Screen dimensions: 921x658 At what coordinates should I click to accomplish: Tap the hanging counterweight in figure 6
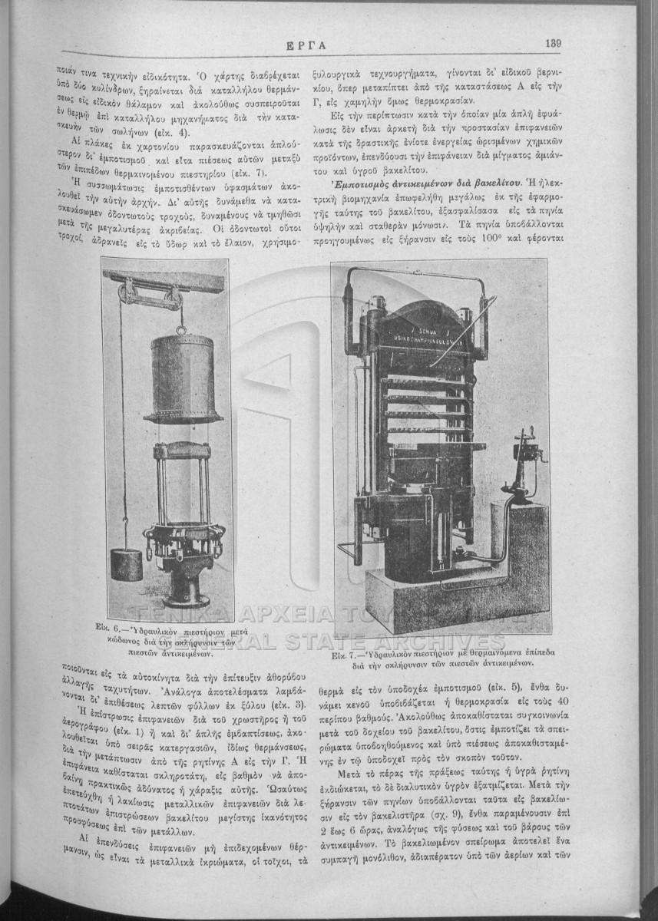click(126, 563)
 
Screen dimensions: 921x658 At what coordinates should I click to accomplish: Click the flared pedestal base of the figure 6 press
click(185, 586)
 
